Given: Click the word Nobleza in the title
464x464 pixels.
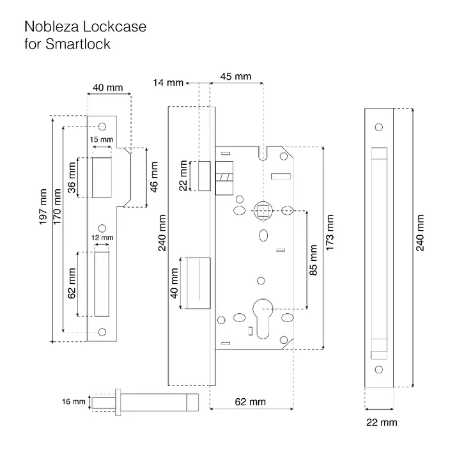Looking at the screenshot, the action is tap(52, 27).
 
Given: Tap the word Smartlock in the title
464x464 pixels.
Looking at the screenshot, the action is tap(78, 44).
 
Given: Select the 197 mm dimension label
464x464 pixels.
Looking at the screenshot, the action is tap(43, 206).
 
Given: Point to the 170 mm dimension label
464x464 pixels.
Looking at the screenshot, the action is tap(57, 206).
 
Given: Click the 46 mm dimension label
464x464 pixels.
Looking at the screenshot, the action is tap(154, 177).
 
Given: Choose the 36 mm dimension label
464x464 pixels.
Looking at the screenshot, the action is tap(72, 178).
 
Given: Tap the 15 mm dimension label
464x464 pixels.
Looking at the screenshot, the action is tap(102, 139).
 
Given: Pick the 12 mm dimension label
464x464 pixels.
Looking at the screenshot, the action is tap(102, 237).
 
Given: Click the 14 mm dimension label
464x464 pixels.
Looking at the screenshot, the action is tap(168, 82).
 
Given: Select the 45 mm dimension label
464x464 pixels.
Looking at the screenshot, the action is tap(236, 76).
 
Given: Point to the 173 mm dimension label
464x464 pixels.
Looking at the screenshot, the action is tap(330, 233).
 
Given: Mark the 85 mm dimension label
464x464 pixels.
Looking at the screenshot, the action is tap(313, 260).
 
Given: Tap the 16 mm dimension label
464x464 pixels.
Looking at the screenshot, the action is tap(73, 401).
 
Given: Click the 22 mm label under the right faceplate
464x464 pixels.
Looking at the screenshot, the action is tap(382, 422).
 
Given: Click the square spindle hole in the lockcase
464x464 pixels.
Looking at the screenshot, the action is tap(263, 211).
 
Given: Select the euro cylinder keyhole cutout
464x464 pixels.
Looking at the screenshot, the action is tap(263, 319).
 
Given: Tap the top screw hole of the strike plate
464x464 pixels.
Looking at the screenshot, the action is tap(102, 127).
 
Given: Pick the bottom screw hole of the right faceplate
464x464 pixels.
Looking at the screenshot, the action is tap(379, 369).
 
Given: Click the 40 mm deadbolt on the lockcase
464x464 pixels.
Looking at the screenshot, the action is tap(198, 283).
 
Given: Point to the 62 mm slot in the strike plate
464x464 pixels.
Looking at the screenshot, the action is tap(102, 284).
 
